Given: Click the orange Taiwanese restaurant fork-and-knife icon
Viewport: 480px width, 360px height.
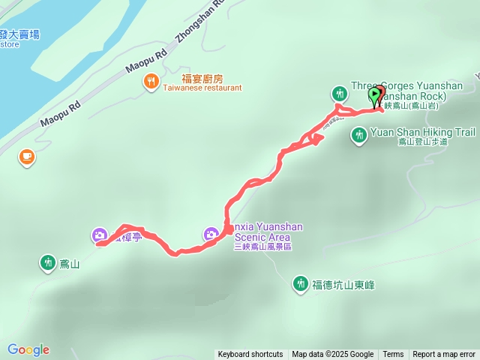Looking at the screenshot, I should pos(151,80).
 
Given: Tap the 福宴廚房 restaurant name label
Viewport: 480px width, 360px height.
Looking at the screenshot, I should pos(202,78).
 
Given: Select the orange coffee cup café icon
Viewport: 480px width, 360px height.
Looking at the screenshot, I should pos(28,156).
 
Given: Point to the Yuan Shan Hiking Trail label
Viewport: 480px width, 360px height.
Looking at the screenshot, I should pos(423,133).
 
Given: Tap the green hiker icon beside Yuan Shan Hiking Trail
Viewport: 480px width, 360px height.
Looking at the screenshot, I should pos(359,135).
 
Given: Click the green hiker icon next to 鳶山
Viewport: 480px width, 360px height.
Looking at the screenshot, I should pos(48,262).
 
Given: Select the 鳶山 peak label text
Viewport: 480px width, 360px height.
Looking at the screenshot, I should pos(69,263).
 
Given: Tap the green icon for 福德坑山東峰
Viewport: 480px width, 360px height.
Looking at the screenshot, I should pos(300,283).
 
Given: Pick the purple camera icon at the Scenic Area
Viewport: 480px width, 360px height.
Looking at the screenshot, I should pos(211,234).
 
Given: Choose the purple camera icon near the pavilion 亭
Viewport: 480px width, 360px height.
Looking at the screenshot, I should pos(100,235).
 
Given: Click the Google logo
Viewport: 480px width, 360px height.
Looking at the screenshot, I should pos(28,349).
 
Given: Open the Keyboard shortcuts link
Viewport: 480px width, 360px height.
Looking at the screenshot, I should pos(250,354).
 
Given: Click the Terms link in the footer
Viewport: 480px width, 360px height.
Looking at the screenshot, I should pos(393,354).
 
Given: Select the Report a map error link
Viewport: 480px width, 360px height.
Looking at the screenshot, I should pos(444,354).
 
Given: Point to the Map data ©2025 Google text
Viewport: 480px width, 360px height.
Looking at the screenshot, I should pos(332,354).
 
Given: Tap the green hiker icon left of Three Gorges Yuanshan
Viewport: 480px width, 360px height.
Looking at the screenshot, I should pos(340,93).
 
